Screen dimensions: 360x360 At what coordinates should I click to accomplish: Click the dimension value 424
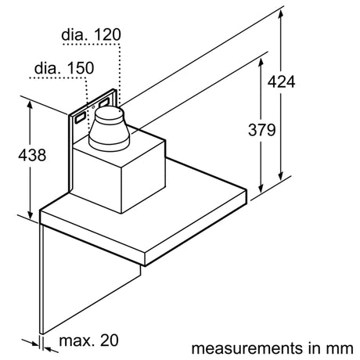tap(281, 81)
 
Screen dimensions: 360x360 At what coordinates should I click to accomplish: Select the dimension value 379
tap(261, 130)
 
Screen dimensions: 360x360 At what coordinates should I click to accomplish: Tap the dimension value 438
tap(32, 155)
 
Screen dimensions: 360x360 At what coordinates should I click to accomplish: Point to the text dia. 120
tap(91, 34)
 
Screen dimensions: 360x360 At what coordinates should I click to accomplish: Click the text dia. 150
tap(64, 68)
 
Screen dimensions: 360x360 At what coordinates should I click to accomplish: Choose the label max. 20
tap(88, 340)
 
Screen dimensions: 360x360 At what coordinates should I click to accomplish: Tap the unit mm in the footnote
tap(340, 349)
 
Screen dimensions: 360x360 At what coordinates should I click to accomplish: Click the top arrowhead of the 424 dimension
tap(280, 14)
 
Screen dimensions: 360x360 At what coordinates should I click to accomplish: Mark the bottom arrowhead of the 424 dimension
tap(280, 176)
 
